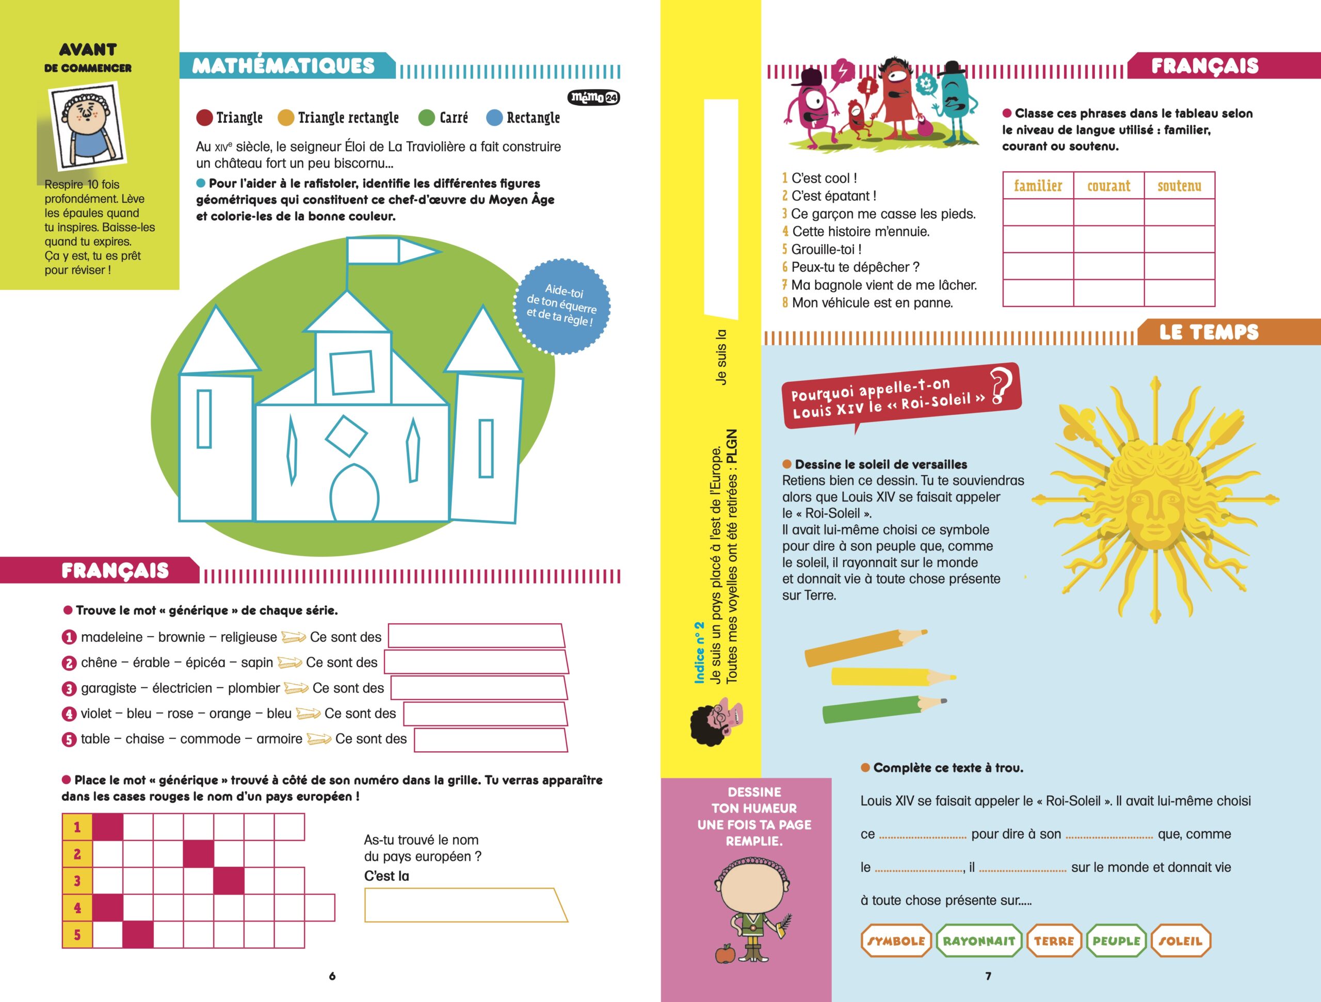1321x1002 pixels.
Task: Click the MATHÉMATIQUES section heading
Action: click(x=284, y=66)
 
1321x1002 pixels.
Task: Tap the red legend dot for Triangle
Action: click(x=204, y=118)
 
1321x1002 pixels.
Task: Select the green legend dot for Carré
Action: click(x=426, y=118)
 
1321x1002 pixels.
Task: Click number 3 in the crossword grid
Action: click(x=77, y=881)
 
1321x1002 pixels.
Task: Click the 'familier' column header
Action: click(x=1038, y=186)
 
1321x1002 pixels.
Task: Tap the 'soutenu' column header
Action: click(x=1180, y=186)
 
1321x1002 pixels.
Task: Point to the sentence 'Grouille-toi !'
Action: click(x=826, y=249)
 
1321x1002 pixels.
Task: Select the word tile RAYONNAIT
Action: click(x=979, y=941)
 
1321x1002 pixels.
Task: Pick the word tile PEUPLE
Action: click(x=1116, y=941)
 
